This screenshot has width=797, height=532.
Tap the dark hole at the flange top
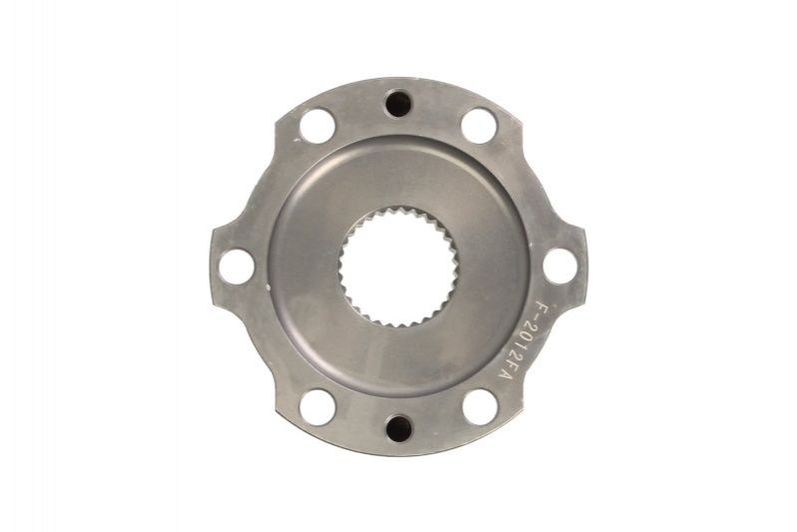click(x=398, y=104)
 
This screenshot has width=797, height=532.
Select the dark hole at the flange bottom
click(x=399, y=429)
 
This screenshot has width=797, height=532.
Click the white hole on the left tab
click(x=234, y=266)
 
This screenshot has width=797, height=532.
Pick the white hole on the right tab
click(x=561, y=266)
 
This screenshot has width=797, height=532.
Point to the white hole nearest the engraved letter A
click(x=480, y=406)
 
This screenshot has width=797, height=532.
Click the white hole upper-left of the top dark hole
click(x=316, y=125)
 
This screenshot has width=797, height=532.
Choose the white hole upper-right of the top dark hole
click(x=479, y=125)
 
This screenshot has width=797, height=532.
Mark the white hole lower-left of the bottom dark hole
click(x=317, y=406)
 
